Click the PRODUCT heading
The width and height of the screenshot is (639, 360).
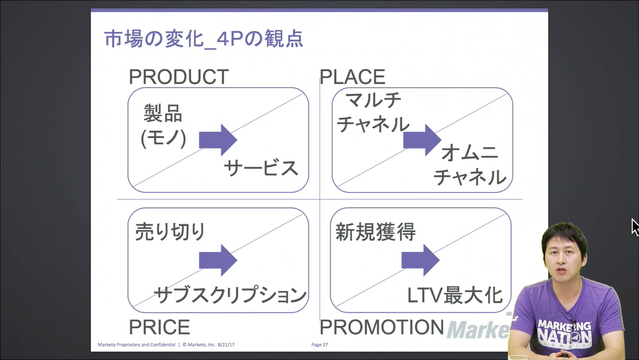[x=179, y=77]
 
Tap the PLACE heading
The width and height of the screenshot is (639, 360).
[x=352, y=77]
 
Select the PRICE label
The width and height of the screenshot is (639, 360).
[x=159, y=327]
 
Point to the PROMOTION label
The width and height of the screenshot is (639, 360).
[x=381, y=327]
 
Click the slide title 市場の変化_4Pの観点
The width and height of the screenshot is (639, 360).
[x=204, y=39]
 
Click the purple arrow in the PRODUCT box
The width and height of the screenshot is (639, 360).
[x=218, y=140]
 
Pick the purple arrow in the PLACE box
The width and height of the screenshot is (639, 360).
[x=422, y=140]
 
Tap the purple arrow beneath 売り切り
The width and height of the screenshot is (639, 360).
[x=218, y=260]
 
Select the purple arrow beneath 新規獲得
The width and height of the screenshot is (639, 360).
[x=420, y=260]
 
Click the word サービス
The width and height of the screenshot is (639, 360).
[x=261, y=168]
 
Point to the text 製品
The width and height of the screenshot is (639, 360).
[x=163, y=114]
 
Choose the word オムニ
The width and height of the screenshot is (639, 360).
[x=470, y=153]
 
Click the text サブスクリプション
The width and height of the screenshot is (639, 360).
[x=230, y=294]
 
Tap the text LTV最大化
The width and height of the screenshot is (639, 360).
[x=455, y=295]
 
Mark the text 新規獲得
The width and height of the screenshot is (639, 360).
[x=375, y=232]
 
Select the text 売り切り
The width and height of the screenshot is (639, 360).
[x=170, y=232]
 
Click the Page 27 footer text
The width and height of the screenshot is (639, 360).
[x=319, y=345]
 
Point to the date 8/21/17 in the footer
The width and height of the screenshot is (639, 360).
[x=226, y=345]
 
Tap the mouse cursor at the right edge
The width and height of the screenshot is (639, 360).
[x=634, y=227]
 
